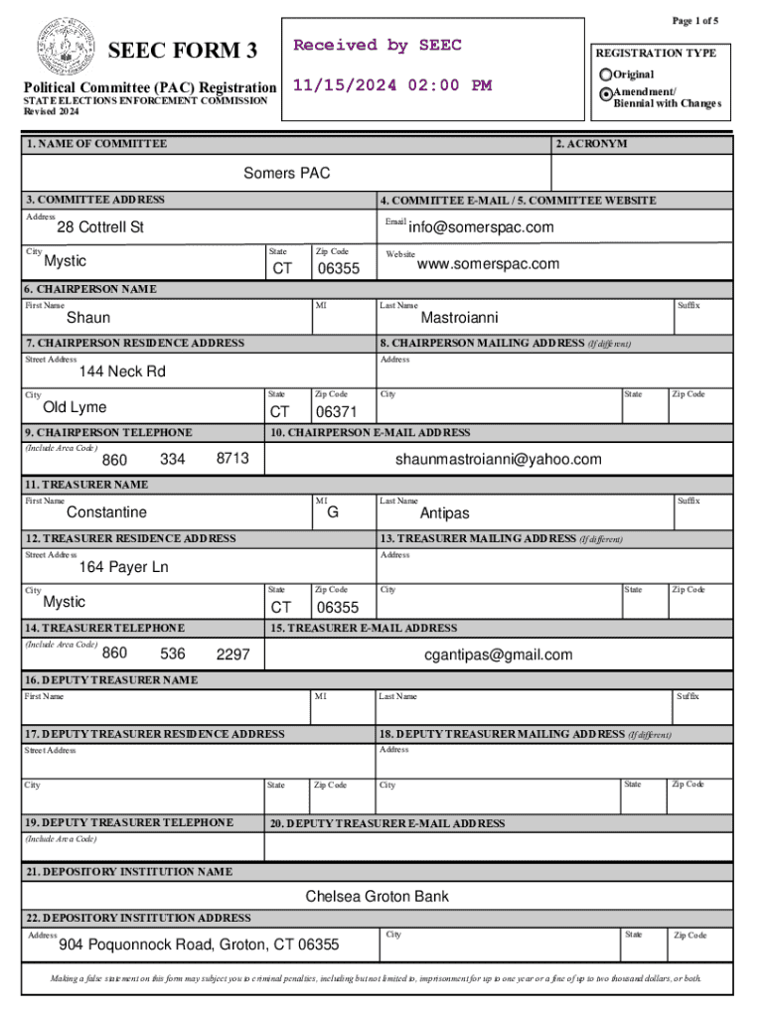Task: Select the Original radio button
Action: tap(606, 74)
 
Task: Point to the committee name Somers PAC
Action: tap(287, 174)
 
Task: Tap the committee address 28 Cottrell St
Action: tap(99, 227)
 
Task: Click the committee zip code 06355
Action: tap(338, 269)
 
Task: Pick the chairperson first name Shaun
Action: tap(88, 318)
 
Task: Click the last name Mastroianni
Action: tap(460, 318)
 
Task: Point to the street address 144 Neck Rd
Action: tap(122, 371)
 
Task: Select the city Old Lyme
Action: tap(75, 407)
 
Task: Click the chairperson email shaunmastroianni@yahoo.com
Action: tap(498, 459)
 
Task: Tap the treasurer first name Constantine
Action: tap(106, 512)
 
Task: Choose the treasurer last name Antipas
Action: tap(444, 513)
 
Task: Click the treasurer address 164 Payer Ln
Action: tap(124, 567)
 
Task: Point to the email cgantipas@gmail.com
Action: tap(499, 654)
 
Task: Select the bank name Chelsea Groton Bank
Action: tap(377, 897)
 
